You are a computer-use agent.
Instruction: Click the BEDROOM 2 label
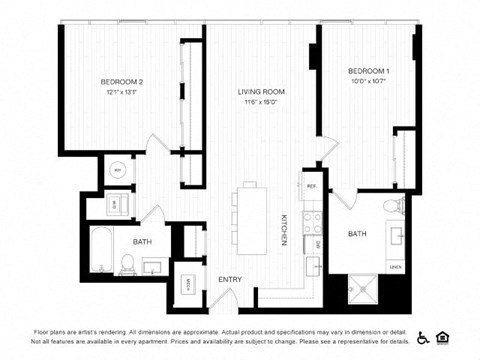[x=121, y=81]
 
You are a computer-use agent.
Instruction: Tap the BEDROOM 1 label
[x=369, y=71]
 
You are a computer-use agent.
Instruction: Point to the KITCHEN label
[x=284, y=230]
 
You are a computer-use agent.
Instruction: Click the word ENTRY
[x=231, y=279]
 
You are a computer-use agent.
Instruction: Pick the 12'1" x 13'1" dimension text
[x=121, y=92]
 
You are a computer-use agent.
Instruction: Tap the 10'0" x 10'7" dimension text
[x=369, y=82]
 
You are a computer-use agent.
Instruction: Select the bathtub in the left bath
[x=103, y=250]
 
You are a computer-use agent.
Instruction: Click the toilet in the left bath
[x=128, y=263]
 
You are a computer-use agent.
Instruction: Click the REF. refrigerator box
[x=311, y=187]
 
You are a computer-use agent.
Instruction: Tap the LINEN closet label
[x=395, y=267]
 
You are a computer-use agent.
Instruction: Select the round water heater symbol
[x=118, y=171]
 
